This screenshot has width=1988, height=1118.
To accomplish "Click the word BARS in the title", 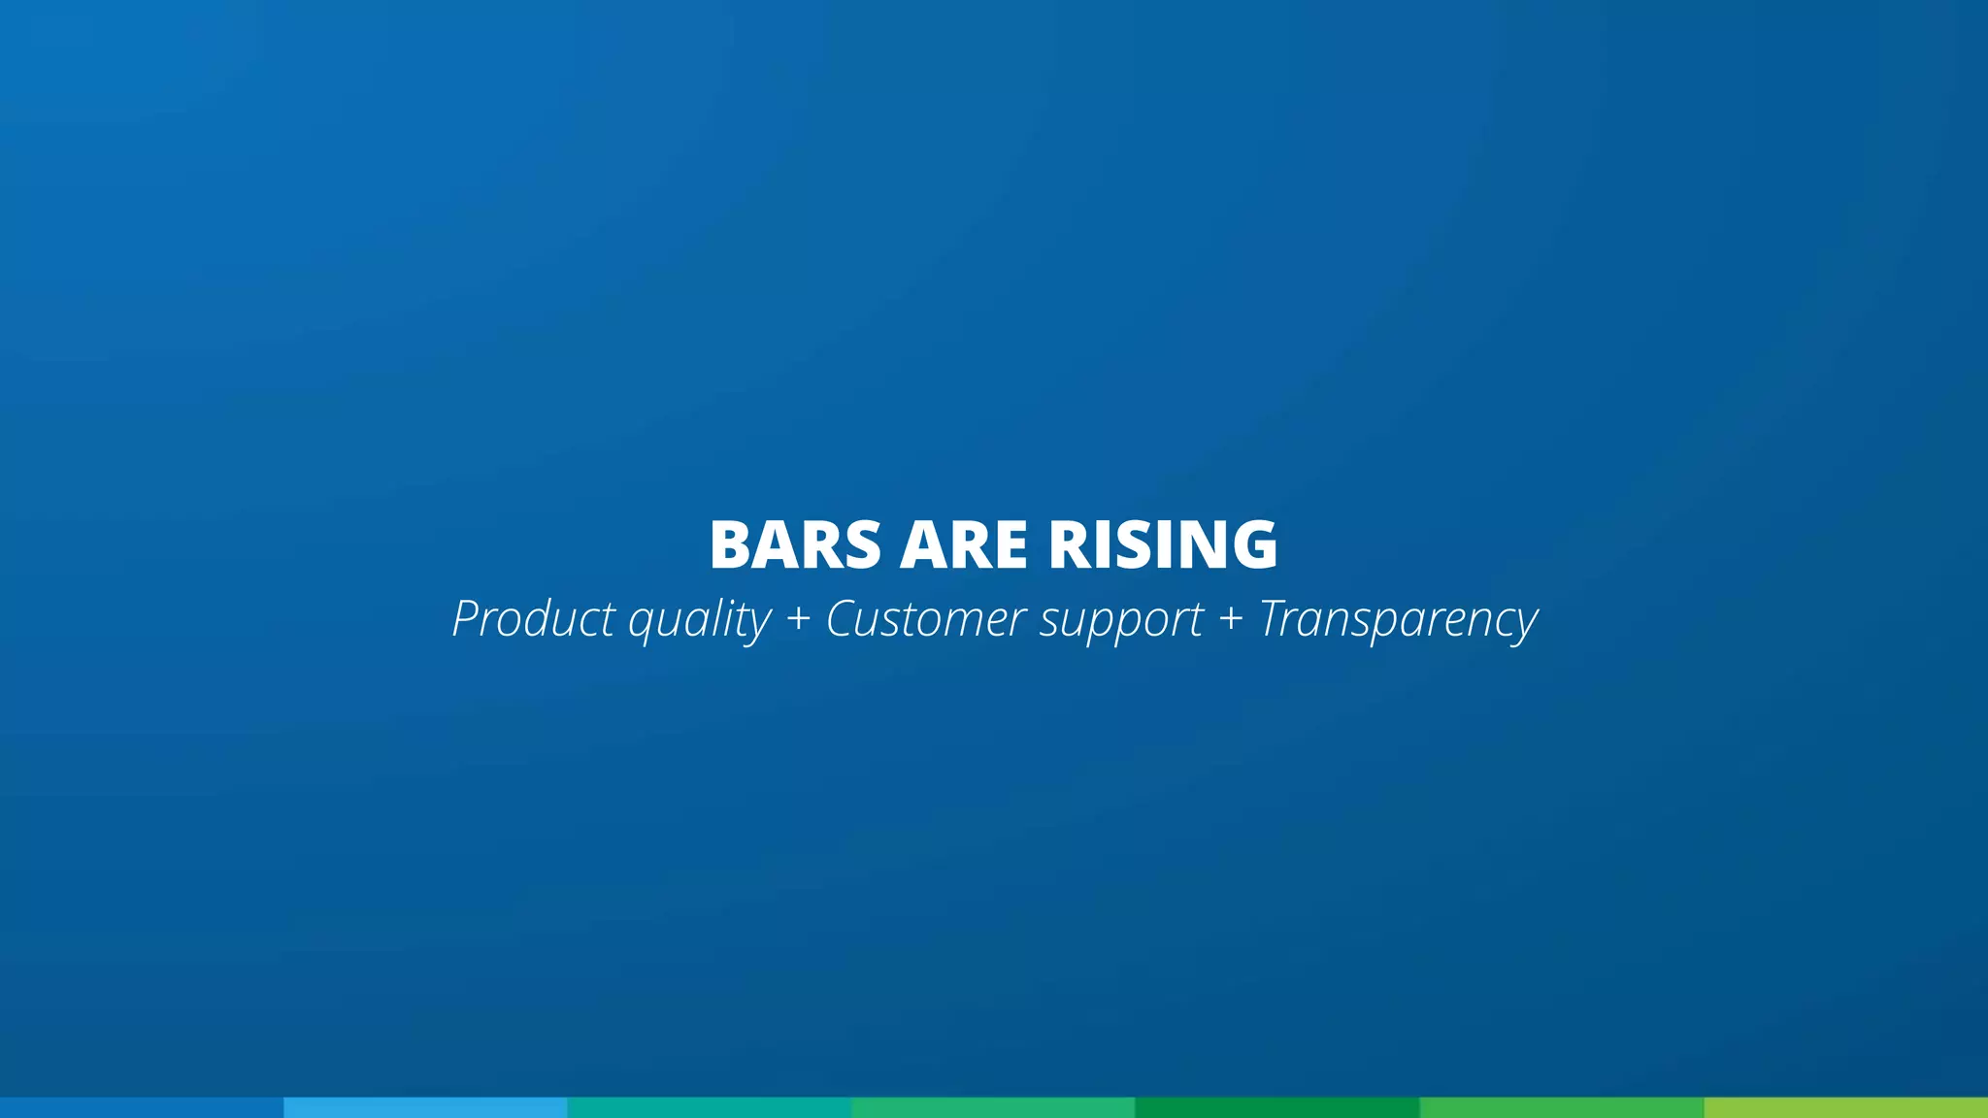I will (795, 544).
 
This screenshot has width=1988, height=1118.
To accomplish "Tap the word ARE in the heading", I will (963, 544).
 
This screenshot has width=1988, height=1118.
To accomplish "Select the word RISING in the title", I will (1163, 544).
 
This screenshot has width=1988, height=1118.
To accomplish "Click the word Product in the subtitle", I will (534, 618).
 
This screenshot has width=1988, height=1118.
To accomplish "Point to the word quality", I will (700, 620).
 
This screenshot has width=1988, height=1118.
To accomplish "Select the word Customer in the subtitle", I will (926, 618).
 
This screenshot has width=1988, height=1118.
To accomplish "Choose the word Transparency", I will (1398, 620).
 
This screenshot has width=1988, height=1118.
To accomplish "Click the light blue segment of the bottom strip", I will (425, 1107).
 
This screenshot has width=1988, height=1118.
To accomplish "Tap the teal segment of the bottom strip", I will (709, 1107).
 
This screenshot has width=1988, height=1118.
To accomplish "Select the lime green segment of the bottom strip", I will (1845, 1107).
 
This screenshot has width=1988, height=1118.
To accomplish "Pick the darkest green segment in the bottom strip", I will (1276, 1107).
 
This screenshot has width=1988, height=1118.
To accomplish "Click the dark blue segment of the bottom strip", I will (142, 1107).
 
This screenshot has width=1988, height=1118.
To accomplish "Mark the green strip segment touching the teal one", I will (993, 1107).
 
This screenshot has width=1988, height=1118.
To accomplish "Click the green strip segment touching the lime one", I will (1561, 1107).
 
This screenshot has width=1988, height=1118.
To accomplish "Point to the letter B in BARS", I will (730, 544).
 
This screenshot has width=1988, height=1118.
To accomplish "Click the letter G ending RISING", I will (1254, 544).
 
